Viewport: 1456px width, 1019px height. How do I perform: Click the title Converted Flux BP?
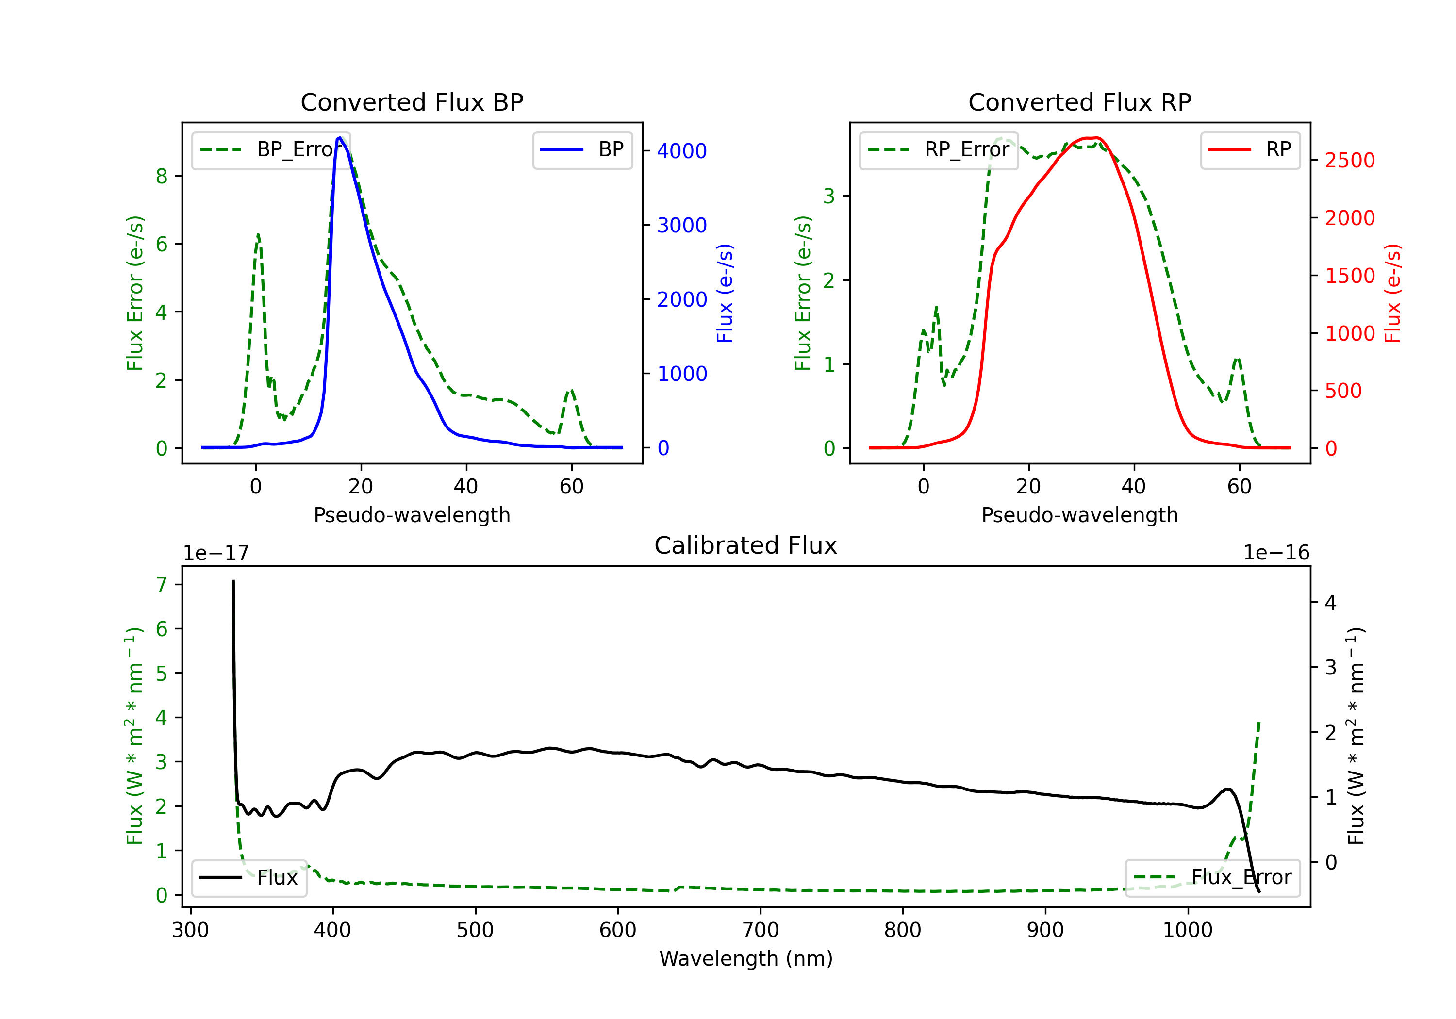pos(412,102)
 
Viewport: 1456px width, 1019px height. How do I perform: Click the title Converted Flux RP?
pos(1079,102)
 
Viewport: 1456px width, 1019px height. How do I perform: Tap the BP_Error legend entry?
pos(271,150)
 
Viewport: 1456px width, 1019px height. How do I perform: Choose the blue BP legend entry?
pos(582,150)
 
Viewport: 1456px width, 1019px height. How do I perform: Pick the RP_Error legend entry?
pos(939,150)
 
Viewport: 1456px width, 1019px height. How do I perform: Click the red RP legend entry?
pos(1250,150)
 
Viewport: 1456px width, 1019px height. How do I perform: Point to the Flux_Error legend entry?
pos(1212,878)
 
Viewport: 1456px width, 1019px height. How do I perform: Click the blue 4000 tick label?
pos(682,151)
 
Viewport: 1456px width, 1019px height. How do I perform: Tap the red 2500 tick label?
pos(1349,161)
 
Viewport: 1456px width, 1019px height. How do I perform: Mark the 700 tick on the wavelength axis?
pos(761,930)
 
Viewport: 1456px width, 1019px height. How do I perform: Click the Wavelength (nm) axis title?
pos(746,958)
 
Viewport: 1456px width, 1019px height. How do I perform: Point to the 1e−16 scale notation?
pos(1276,553)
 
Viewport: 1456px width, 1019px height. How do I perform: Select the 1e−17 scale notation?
pos(216,553)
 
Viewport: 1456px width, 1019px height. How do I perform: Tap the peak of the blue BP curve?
pos(340,138)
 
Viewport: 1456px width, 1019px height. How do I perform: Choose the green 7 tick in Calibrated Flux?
pos(162,585)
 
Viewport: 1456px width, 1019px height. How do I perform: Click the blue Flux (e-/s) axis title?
pos(724,293)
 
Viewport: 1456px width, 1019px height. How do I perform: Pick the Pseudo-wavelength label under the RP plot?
pos(1079,515)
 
